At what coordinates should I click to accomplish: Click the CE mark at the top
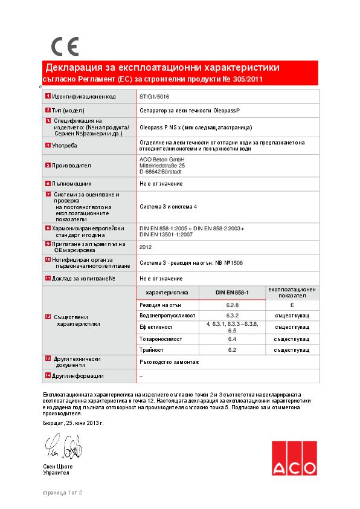pyautogui.click(x=65, y=47)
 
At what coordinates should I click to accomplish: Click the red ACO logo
pyautogui.click(x=294, y=459)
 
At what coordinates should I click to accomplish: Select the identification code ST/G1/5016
pyautogui.click(x=155, y=96)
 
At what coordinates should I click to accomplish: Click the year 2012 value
pyautogui.click(x=146, y=247)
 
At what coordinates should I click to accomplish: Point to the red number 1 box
pyautogui.click(x=48, y=97)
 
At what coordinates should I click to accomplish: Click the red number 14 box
pyautogui.click(x=48, y=376)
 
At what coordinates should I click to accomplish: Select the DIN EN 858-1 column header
pyautogui.click(x=233, y=293)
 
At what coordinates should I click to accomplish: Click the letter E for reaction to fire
pyautogui.click(x=292, y=306)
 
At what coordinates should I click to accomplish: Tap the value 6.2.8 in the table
pyautogui.click(x=233, y=306)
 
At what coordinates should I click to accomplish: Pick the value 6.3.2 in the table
pyautogui.click(x=233, y=316)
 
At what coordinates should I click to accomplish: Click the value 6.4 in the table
pyautogui.click(x=233, y=340)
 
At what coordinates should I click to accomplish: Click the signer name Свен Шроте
pyautogui.click(x=58, y=467)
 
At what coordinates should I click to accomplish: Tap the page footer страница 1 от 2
pyautogui.click(x=62, y=493)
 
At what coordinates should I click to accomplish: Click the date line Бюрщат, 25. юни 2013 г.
pyautogui.click(x=73, y=423)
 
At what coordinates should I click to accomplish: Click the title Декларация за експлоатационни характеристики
pyautogui.click(x=162, y=68)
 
